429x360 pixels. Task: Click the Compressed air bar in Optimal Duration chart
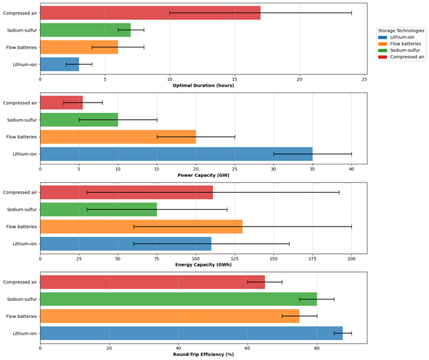pyautogui.click(x=150, y=13)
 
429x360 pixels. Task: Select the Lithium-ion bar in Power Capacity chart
pyautogui.click(x=176, y=154)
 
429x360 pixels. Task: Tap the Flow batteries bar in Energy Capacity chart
pyautogui.click(x=141, y=226)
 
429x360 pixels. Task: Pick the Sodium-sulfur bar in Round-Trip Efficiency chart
pyautogui.click(x=178, y=299)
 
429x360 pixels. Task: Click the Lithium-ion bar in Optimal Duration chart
pyautogui.click(x=59, y=65)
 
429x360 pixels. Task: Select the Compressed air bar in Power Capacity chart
pyautogui.click(x=61, y=103)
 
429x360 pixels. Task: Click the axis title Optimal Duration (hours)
pyautogui.click(x=203, y=85)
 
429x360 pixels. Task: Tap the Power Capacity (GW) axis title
pyautogui.click(x=203, y=175)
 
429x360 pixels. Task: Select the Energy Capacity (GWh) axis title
pyautogui.click(x=203, y=264)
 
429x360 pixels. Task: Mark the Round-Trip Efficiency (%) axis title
pyautogui.click(x=203, y=354)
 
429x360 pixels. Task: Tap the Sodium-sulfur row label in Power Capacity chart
pyautogui.click(x=22, y=120)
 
